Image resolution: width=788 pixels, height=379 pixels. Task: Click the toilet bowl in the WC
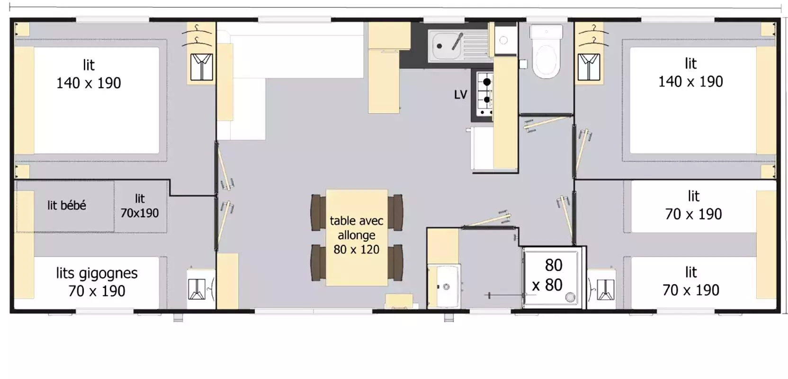pos(546,60)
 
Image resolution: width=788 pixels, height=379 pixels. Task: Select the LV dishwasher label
pos(460,94)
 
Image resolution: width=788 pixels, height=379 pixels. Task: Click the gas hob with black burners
pos(485,94)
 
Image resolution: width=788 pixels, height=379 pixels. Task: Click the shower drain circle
pos(570,298)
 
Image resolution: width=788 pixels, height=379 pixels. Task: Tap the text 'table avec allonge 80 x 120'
pos(357,235)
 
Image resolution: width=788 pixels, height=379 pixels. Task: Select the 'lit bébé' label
pos(66,205)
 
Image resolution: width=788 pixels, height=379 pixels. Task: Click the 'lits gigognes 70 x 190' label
pos(97,282)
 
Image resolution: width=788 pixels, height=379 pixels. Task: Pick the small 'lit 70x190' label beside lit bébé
pos(140,206)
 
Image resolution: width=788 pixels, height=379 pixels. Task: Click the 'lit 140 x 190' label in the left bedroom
pos(89,74)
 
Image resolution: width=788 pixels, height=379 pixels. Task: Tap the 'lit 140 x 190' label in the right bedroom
pos(690,73)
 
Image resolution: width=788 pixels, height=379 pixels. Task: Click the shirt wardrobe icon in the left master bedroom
pos(202,67)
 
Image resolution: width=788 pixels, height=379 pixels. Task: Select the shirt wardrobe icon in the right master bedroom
pos(589,67)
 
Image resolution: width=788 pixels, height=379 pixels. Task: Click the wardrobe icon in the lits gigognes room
pos(197,289)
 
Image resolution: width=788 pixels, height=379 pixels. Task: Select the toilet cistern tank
pos(546,32)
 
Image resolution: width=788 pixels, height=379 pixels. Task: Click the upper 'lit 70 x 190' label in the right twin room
pos(693,206)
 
